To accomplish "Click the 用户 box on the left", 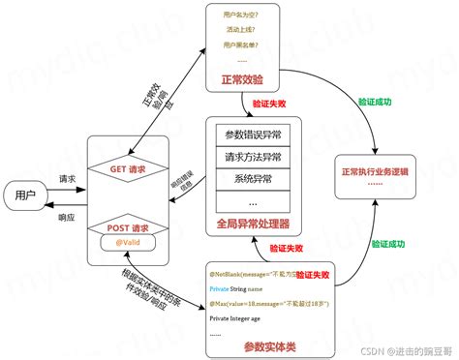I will [25, 195].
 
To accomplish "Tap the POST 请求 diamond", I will [129, 228].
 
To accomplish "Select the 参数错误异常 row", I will [253, 135].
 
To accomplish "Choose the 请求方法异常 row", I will [253, 157].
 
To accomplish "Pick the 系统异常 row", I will [253, 179].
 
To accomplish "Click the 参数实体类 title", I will [267, 345].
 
